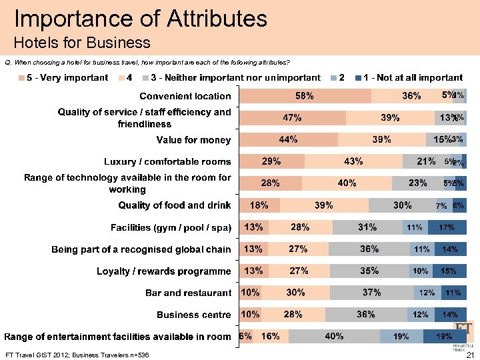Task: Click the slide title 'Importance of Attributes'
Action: (x=141, y=18)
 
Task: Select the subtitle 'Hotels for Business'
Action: (x=82, y=43)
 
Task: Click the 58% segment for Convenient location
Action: (x=305, y=96)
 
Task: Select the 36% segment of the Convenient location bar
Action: (x=411, y=96)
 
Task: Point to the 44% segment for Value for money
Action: (x=289, y=139)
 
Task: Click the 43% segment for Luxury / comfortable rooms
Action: (x=353, y=161)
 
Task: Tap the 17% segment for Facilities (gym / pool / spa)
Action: (x=447, y=227)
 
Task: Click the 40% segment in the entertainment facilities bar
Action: (x=334, y=337)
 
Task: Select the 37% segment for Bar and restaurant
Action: (x=371, y=293)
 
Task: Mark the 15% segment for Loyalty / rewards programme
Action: (x=449, y=271)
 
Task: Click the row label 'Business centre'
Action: (x=194, y=315)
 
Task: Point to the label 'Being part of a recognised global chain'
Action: (x=141, y=249)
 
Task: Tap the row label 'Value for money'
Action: (x=193, y=140)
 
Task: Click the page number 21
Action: (x=468, y=355)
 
